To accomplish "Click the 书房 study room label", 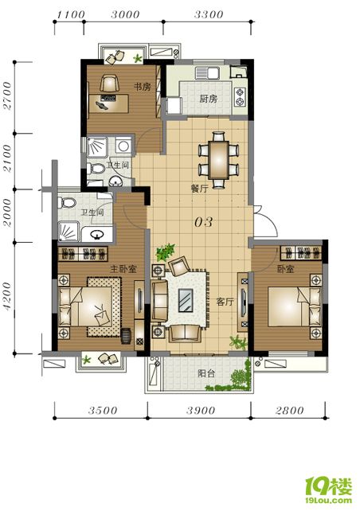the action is point(143,87).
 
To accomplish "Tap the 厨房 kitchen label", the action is point(209,99).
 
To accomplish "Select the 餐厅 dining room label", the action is point(200,189).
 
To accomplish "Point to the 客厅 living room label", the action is point(225,302).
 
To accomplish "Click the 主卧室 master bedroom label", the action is point(123,269).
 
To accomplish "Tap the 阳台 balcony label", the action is point(207,373).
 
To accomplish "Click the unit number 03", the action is point(203,222).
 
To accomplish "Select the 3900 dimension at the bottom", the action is point(201,410).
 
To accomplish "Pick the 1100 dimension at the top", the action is point(71,14).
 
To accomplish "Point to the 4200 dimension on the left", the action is point(7,297).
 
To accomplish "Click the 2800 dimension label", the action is point(290,410).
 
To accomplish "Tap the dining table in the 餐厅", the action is point(219,160).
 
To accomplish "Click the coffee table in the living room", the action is point(186,300).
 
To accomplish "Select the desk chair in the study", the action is point(109,84).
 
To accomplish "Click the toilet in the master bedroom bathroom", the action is point(67,203).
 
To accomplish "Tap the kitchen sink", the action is point(207,73).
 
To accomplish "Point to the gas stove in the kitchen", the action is point(240,97).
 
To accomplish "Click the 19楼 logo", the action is point(329,490).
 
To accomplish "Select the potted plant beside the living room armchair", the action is point(166,252).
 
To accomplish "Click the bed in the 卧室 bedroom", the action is point(295,306).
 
